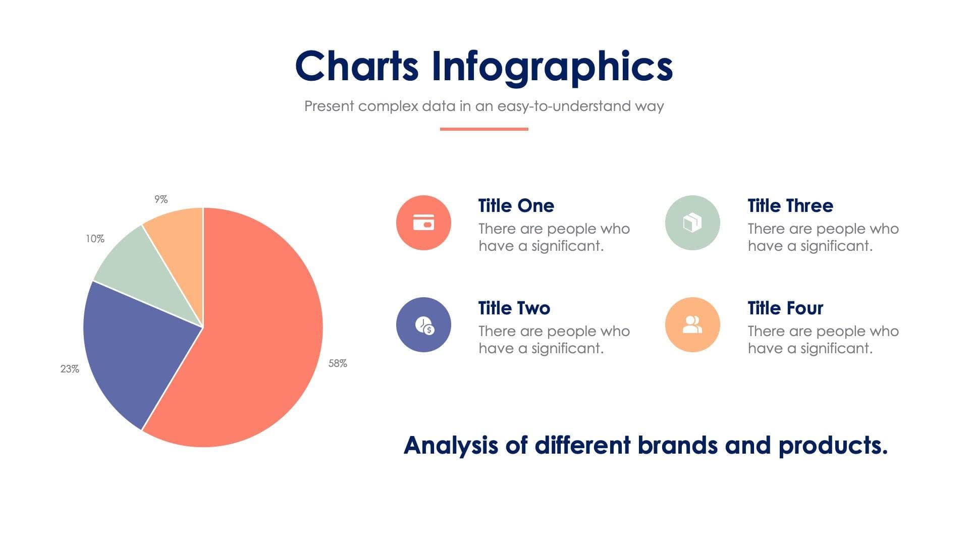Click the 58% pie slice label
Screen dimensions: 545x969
click(x=338, y=363)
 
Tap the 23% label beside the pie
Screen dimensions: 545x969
click(x=70, y=369)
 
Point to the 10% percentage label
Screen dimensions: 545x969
click(x=95, y=239)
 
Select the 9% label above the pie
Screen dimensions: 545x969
click(x=161, y=199)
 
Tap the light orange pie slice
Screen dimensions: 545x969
click(x=182, y=242)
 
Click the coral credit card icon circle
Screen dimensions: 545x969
click(x=423, y=223)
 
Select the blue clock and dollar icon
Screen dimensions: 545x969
click(x=423, y=325)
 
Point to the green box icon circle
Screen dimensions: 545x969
click(x=692, y=223)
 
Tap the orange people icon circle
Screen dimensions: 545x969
click(x=692, y=325)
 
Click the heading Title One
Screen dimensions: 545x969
click(x=516, y=206)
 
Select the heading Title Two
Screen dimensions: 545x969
click(x=514, y=308)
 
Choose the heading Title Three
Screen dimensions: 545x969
click(x=790, y=206)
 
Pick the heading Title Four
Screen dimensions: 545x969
click(x=785, y=308)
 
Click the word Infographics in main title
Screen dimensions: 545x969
click(x=552, y=67)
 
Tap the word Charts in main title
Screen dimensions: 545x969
click(x=356, y=66)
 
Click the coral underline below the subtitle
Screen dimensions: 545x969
click(x=484, y=129)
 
